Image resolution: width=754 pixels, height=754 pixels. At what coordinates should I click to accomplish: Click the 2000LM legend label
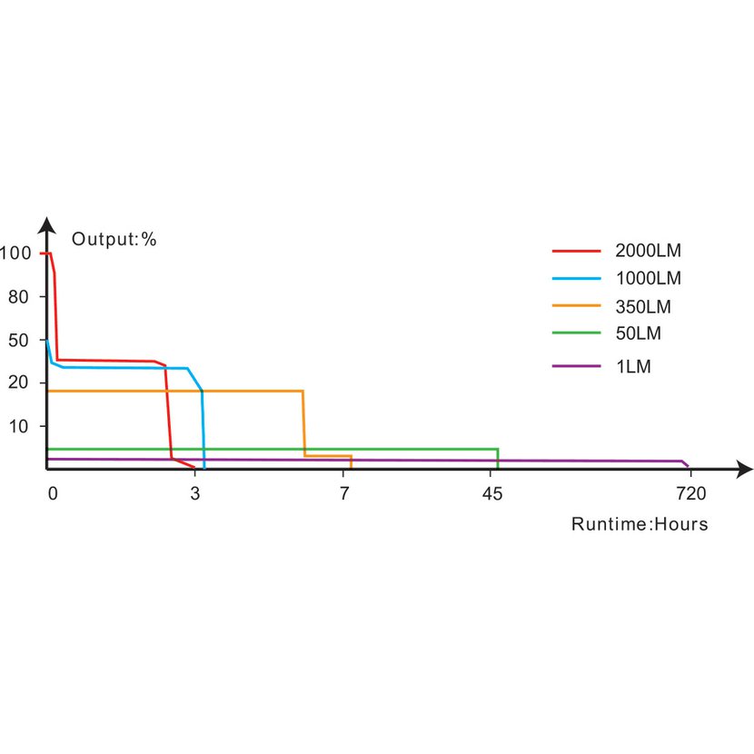tap(648, 250)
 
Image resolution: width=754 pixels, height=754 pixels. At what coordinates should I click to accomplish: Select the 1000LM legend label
tap(648, 278)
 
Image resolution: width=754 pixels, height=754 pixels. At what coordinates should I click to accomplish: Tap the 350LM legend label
tap(643, 306)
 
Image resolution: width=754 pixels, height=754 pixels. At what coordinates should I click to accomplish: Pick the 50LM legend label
tap(639, 333)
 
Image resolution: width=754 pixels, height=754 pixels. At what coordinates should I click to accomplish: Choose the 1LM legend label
tap(633, 366)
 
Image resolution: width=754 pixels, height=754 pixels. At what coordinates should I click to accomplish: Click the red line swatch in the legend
tap(577, 250)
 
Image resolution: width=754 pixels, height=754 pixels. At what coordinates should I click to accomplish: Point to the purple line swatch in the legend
tap(577, 366)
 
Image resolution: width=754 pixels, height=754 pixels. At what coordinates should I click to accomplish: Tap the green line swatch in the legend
tap(577, 333)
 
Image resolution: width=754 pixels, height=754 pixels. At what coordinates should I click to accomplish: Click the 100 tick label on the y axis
tap(15, 253)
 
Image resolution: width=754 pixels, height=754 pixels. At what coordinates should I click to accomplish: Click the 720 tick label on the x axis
tap(691, 494)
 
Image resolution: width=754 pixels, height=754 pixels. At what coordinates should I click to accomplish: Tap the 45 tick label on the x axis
tap(491, 494)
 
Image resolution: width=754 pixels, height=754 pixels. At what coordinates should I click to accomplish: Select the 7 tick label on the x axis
tap(345, 494)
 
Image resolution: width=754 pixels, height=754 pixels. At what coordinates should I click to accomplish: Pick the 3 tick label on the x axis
tap(195, 494)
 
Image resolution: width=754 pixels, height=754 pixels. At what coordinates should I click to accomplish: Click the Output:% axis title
tap(114, 240)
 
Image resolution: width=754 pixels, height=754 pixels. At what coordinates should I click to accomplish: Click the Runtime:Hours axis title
tap(640, 524)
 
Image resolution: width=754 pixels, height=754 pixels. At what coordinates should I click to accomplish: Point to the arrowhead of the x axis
tap(744, 469)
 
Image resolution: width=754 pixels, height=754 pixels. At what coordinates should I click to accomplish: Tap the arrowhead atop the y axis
tap(46, 224)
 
